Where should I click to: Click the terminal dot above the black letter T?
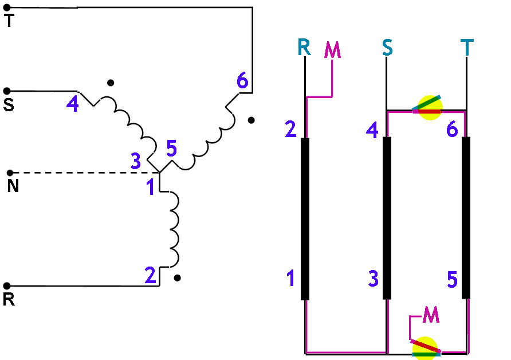[7, 9]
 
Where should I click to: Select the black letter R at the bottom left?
[9, 300]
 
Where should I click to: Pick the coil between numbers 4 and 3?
[126, 123]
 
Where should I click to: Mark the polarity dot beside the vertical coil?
[178, 278]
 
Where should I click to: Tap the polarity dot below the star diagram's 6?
[251, 120]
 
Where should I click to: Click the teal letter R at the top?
[304, 47]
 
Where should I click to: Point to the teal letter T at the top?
[467, 47]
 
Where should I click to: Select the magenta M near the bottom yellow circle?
[431, 314]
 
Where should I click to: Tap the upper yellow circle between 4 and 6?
[429, 107]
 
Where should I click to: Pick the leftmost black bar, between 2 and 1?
[305, 218]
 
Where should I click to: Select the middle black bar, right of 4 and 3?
[387, 218]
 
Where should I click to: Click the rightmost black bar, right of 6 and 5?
[466, 218]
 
